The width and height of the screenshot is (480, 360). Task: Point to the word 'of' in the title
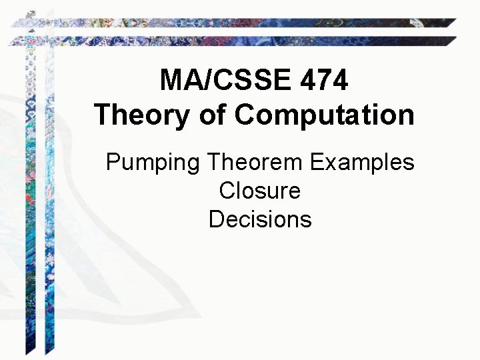click(212, 115)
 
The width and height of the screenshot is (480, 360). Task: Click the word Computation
click(324, 115)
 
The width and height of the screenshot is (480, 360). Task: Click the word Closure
click(259, 191)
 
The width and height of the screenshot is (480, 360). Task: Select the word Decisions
click(259, 219)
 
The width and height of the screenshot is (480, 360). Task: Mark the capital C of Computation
click(245, 115)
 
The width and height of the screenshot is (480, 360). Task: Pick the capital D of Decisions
click(216, 219)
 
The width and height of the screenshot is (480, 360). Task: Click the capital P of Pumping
click(113, 162)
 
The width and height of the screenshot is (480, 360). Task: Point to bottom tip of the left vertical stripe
click(29, 353)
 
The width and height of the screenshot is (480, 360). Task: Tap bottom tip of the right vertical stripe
click(47, 353)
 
